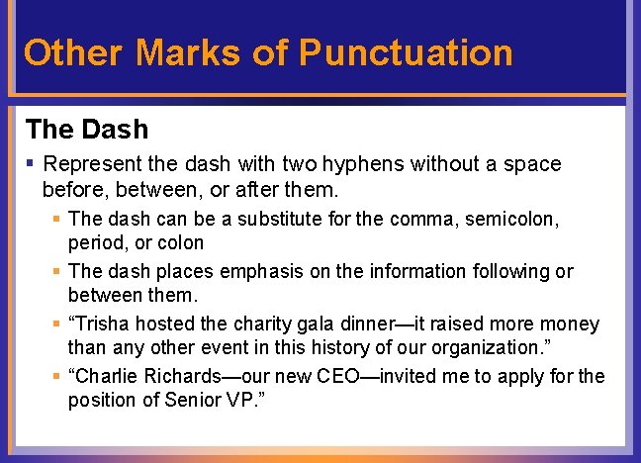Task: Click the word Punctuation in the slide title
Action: pos(406,52)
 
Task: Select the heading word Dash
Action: pos(116,130)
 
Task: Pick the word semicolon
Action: pos(521,218)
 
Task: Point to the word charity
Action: pos(261,324)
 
